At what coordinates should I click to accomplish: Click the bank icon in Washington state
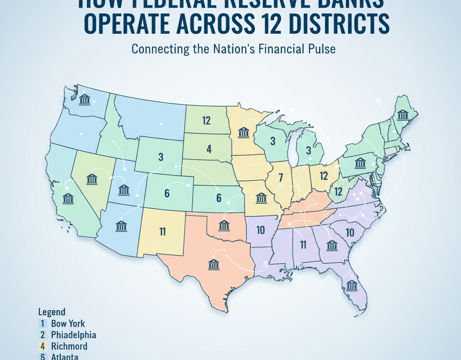tap(84, 99)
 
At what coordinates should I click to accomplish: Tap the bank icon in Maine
tap(402, 115)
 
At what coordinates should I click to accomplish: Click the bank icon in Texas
tap(214, 264)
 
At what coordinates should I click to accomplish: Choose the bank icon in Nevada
tap(92, 179)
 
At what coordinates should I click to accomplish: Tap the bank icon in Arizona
tap(121, 225)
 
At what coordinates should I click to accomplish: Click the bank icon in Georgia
tap(332, 245)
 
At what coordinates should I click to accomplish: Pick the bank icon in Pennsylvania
tap(360, 163)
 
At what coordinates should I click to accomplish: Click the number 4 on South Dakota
tap(209, 149)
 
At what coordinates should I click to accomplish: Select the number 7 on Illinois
tap(280, 178)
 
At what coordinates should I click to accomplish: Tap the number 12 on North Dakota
tap(206, 120)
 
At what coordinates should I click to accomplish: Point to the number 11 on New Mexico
tap(163, 232)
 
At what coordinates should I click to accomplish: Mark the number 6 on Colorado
tap(167, 193)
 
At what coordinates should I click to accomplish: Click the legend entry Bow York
tap(68, 323)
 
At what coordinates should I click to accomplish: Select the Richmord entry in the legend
tap(69, 346)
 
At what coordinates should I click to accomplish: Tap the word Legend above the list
tap(51, 312)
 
